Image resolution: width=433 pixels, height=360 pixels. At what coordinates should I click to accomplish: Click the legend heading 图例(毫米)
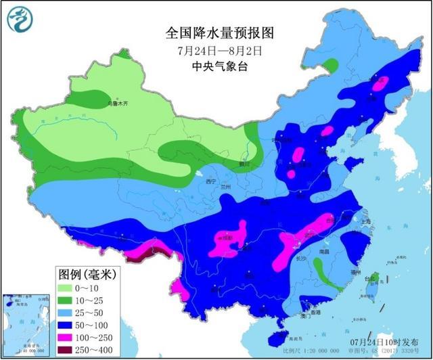(87, 274)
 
